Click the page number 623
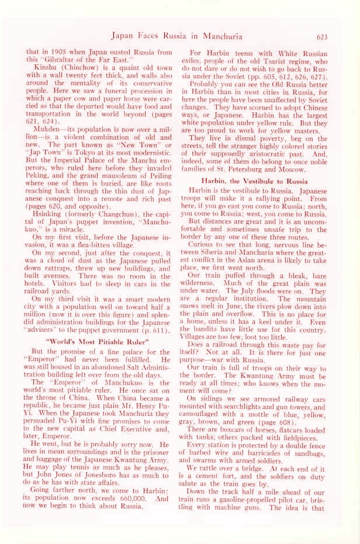[325, 36]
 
